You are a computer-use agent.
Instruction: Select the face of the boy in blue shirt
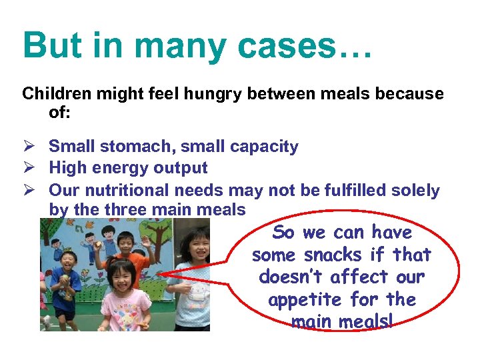click(69, 260)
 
